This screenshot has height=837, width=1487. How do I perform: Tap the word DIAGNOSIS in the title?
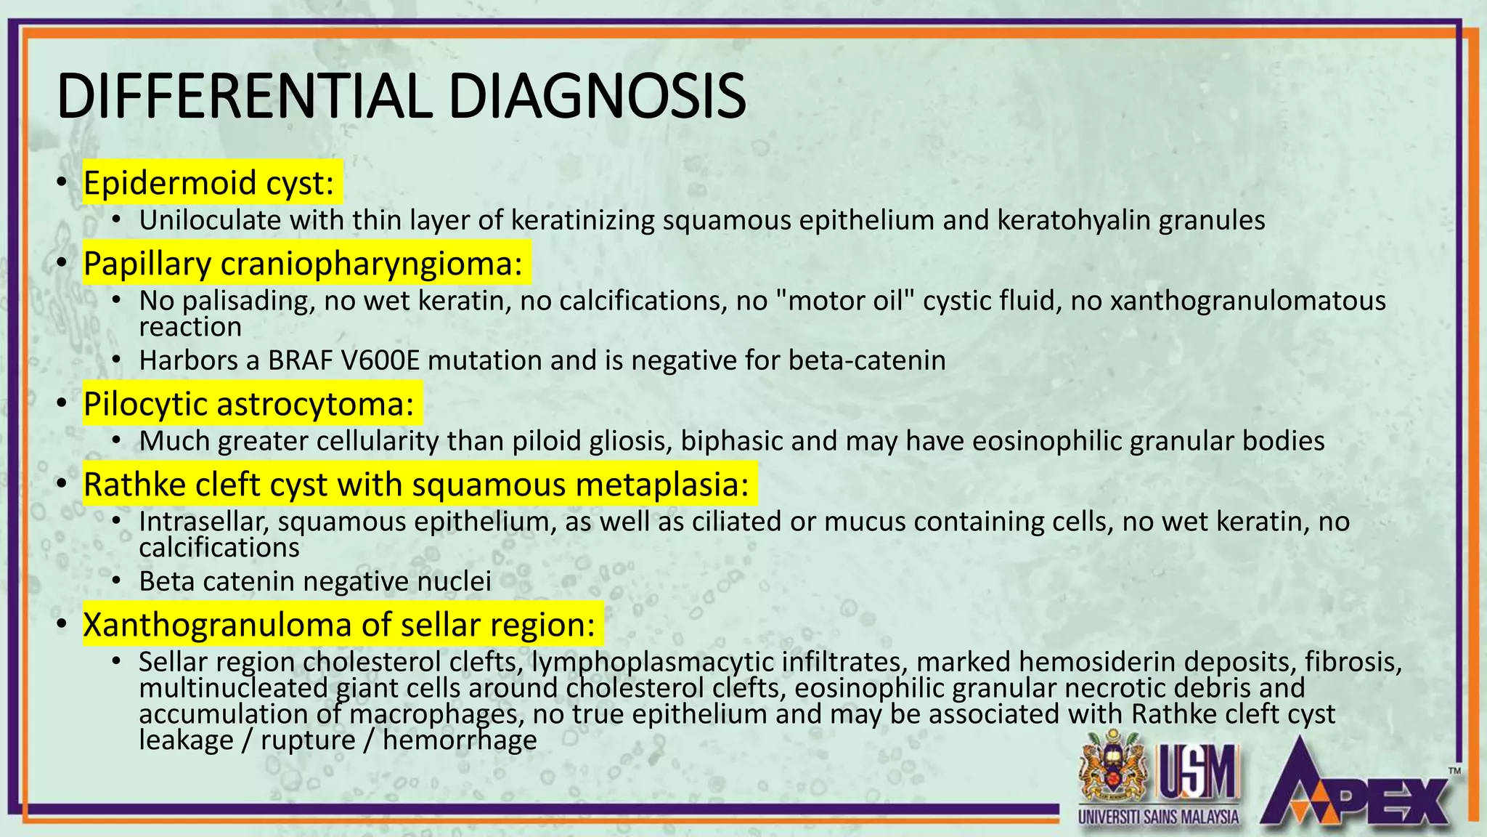coord(597,97)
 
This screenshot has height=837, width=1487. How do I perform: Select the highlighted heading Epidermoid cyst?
coord(209,182)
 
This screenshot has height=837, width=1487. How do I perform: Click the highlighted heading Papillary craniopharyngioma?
coord(303,263)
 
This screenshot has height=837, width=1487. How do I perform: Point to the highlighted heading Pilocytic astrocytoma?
coord(248,404)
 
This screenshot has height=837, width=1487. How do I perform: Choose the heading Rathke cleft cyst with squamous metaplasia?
coord(416,485)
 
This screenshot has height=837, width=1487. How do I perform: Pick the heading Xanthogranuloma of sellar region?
coord(339,625)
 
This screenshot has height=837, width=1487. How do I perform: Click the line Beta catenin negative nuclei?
coord(315,581)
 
